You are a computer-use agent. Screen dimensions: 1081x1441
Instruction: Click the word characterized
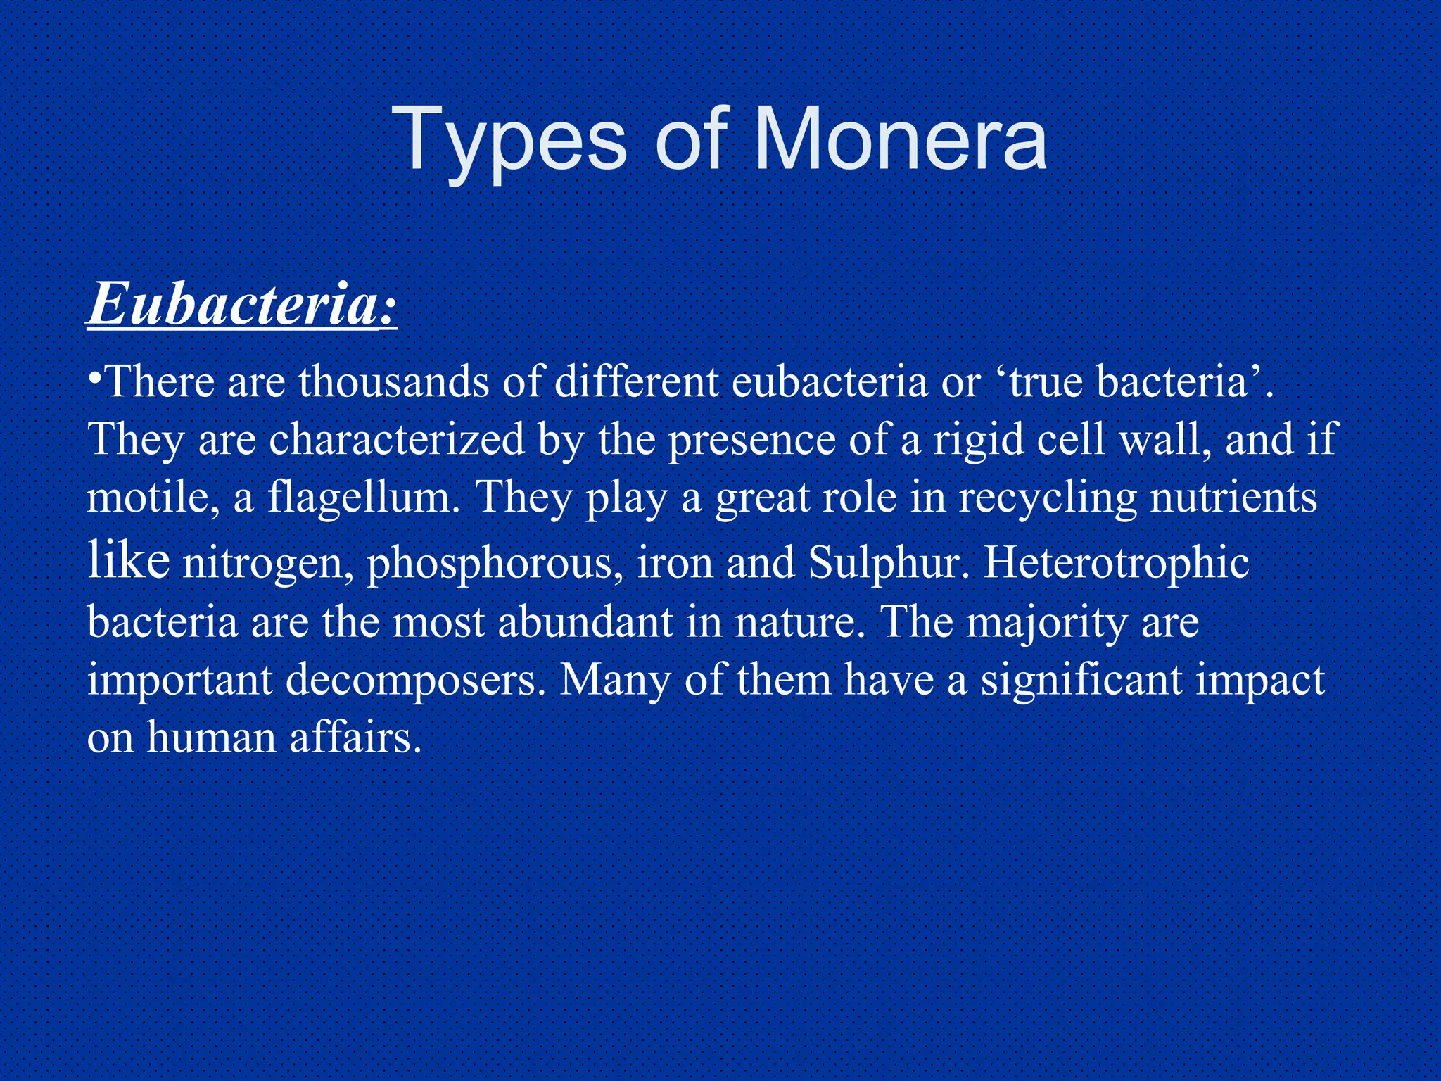[x=397, y=440]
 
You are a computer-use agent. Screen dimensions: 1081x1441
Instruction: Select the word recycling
[x=1048, y=500]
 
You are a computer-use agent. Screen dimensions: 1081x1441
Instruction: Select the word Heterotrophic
[x=1117, y=563]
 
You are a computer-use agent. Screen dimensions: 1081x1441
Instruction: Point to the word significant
[x=1081, y=681]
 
